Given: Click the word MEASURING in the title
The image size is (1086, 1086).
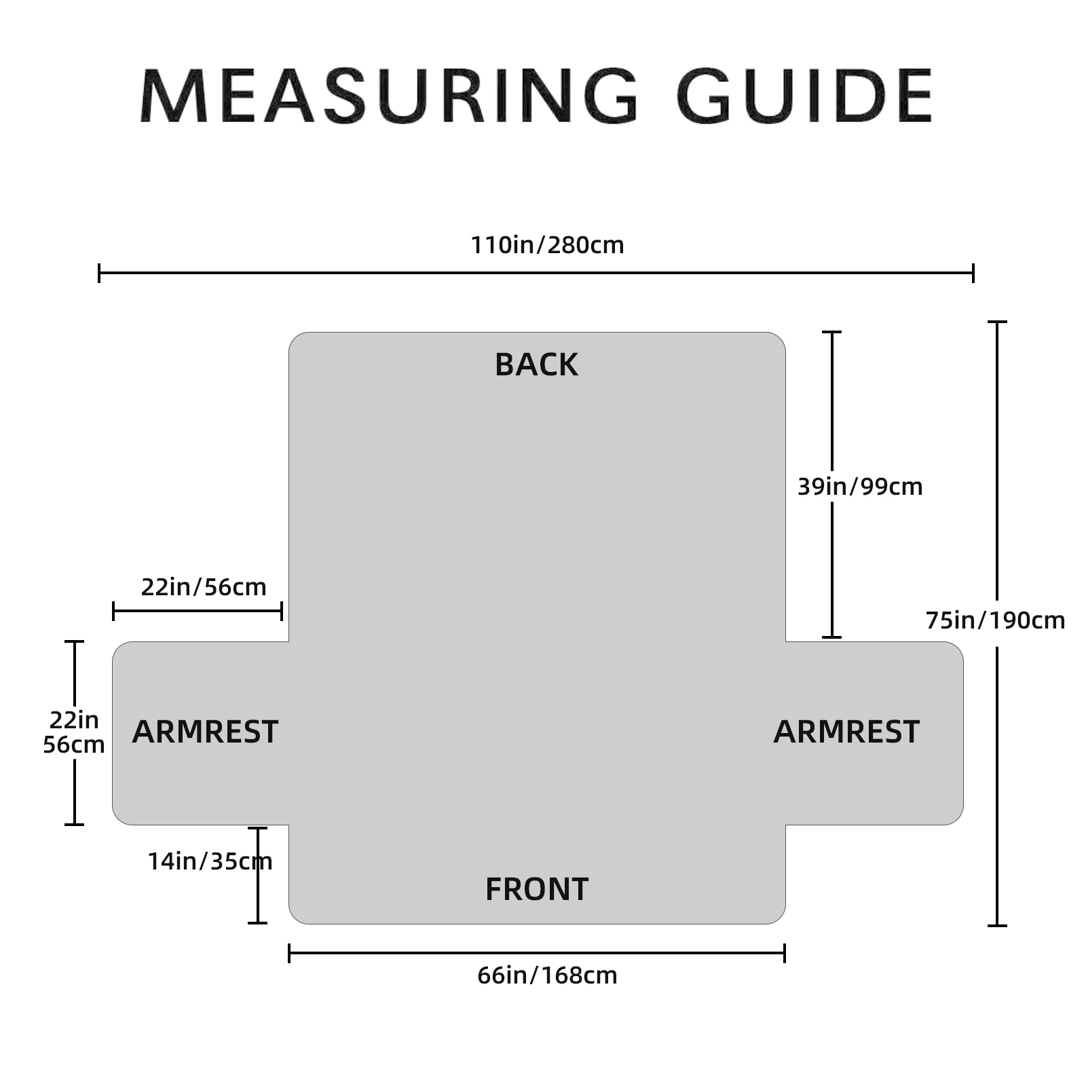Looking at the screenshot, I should click(x=388, y=96).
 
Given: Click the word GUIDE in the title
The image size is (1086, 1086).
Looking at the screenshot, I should click(x=804, y=96).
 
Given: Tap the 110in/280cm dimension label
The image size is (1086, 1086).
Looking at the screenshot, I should click(x=547, y=245).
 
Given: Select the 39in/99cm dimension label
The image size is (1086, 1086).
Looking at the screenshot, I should click(x=860, y=487).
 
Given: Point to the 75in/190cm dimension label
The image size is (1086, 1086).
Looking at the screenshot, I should click(x=995, y=620).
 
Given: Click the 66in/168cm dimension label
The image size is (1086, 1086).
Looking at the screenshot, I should click(x=547, y=975).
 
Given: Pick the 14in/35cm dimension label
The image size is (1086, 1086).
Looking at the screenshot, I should click(x=210, y=861).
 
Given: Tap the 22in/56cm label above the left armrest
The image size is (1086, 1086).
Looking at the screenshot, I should click(x=204, y=587).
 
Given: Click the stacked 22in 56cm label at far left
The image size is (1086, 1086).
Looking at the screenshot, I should click(x=73, y=732).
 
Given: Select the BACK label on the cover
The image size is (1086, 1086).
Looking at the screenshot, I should click(x=536, y=365).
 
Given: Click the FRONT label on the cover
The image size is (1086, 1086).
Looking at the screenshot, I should click(x=536, y=889).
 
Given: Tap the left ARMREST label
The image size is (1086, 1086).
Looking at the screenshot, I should click(x=205, y=732).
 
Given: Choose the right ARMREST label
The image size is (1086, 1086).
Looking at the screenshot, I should click(x=846, y=732).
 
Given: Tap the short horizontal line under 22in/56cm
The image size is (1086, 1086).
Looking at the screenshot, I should click(x=197, y=611).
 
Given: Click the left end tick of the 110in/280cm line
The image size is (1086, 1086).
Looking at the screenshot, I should click(x=100, y=273).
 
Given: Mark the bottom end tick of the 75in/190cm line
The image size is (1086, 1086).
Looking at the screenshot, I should click(x=996, y=925).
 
